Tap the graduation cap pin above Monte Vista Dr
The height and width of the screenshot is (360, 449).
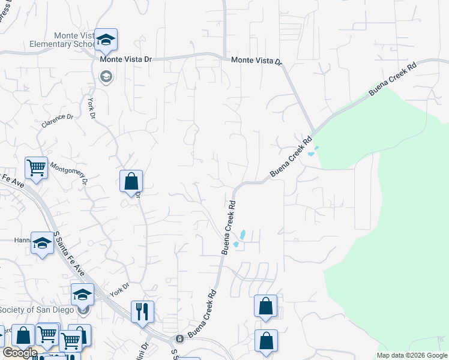[106, 41]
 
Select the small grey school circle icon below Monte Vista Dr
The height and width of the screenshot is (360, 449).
[106, 77]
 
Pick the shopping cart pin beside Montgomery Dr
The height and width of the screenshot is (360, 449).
[36, 169]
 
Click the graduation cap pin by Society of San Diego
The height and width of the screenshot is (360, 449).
[83, 295]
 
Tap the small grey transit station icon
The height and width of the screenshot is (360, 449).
[179, 339]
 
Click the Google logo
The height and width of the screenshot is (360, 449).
[19, 353]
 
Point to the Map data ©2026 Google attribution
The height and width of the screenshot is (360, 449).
[411, 355]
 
